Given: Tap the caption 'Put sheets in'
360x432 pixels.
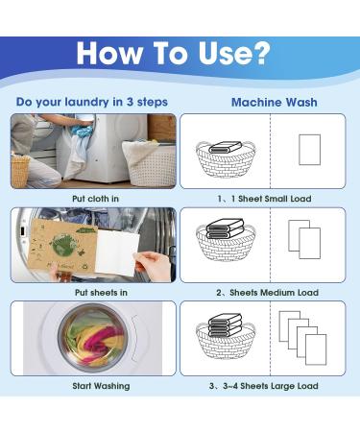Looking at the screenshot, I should pyautogui.click(x=93, y=292).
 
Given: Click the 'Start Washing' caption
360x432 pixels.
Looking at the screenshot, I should pyautogui.click(x=93, y=386).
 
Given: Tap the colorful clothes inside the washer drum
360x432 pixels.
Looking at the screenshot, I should pyautogui.click(x=93, y=337).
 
